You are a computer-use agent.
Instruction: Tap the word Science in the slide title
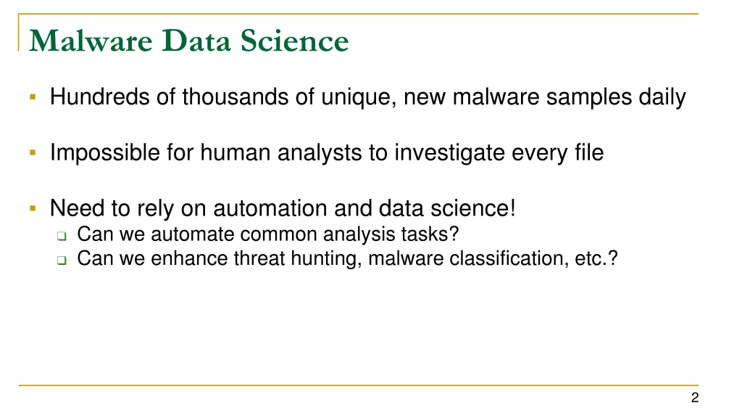[x=295, y=41]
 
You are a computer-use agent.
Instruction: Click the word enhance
[x=189, y=258]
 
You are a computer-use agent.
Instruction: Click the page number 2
[x=695, y=397]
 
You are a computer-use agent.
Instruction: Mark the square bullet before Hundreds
[x=33, y=97]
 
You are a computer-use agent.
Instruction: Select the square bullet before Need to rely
[x=33, y=208]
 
